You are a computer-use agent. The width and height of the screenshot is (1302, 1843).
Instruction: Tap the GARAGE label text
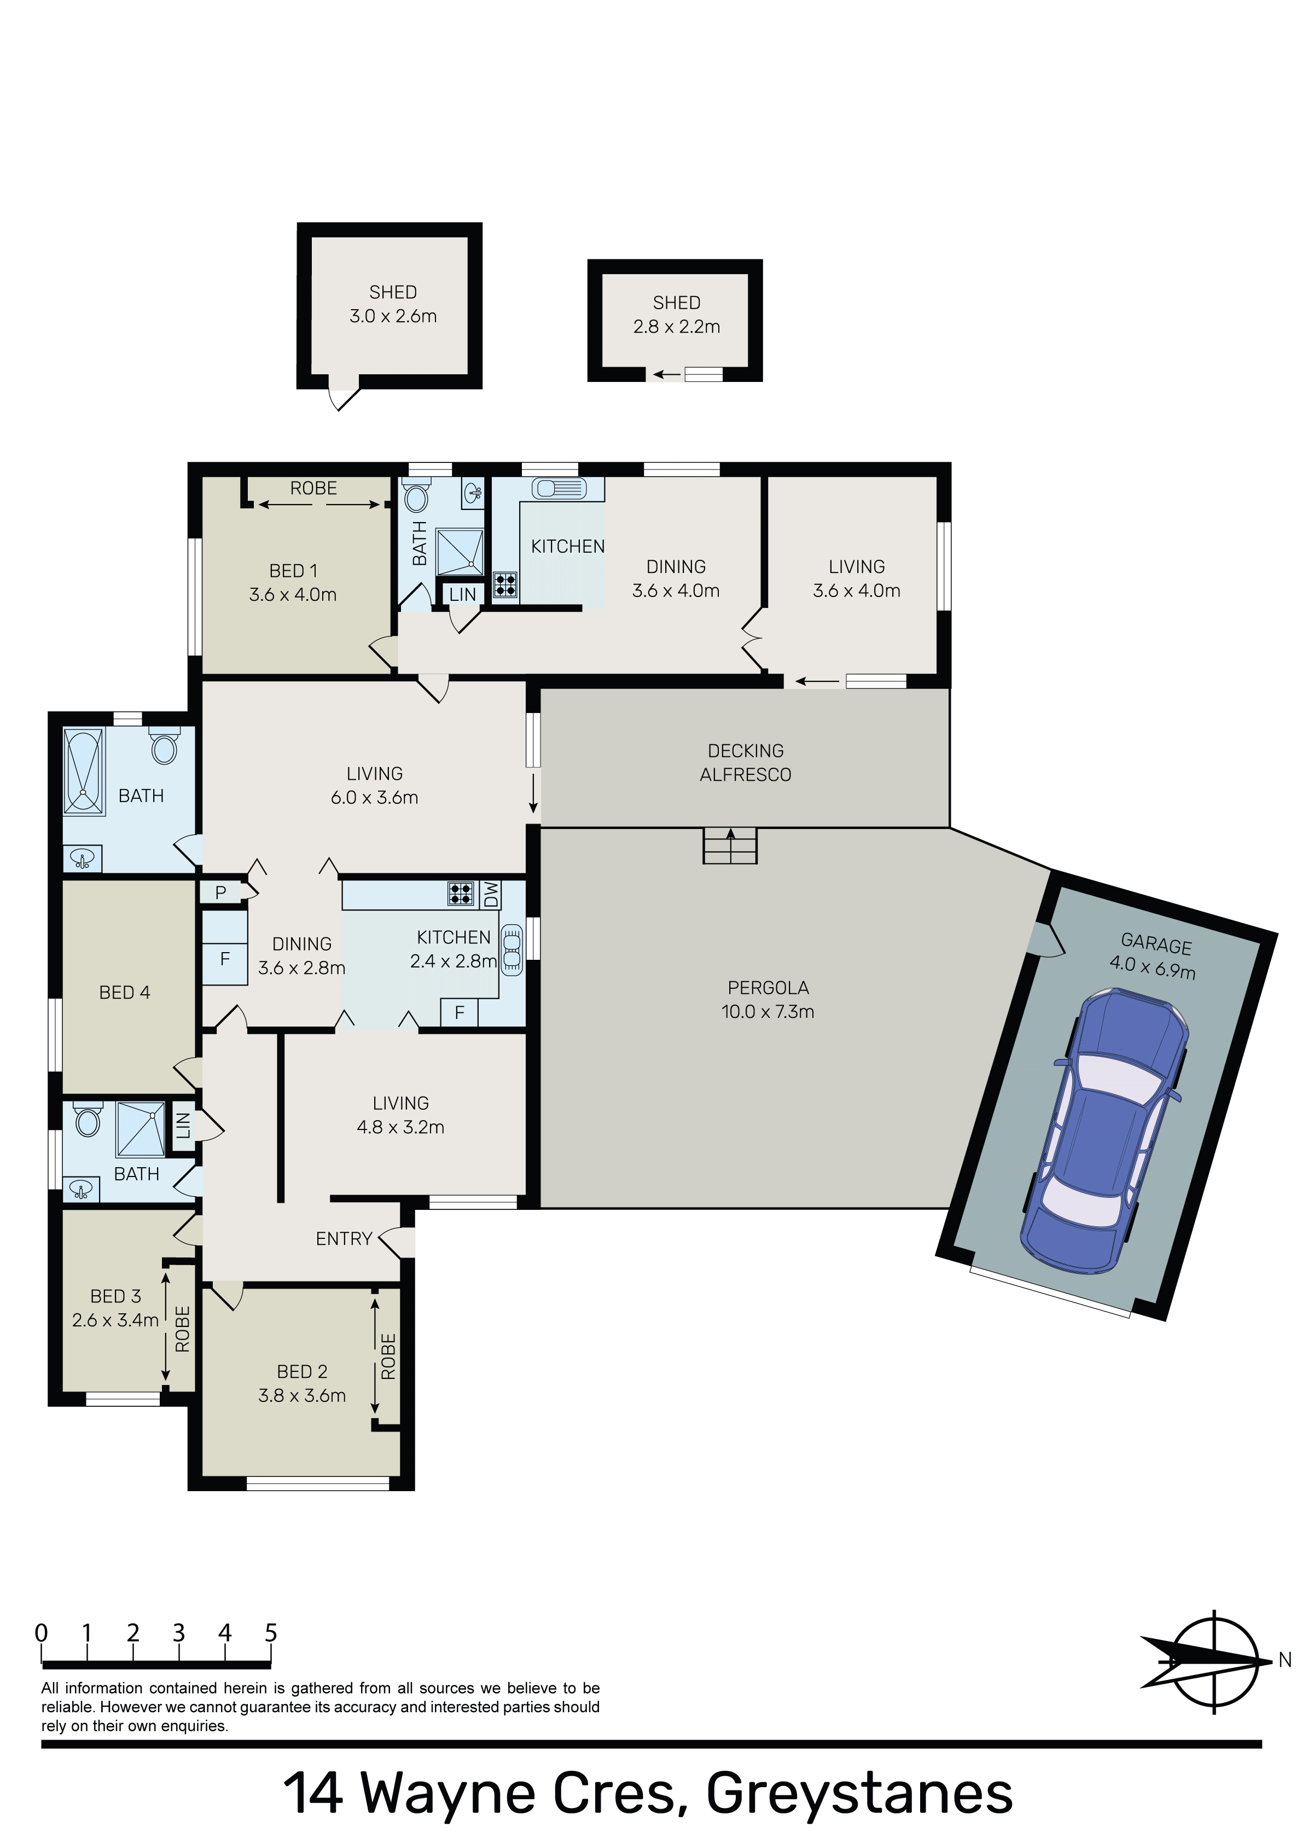tap(1156, 945)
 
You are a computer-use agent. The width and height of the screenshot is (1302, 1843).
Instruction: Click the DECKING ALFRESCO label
tap(746, 763)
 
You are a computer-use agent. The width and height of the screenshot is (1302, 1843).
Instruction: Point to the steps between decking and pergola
tap(730, 845)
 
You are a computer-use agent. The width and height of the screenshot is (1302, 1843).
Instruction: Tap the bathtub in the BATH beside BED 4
tap(84, 772)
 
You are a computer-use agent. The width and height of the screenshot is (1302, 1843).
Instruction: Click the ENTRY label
tap(344, 1238)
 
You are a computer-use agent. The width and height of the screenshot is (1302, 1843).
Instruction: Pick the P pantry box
tap(221, 892)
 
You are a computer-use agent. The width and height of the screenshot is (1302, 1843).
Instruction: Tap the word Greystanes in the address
tap(860, 1794)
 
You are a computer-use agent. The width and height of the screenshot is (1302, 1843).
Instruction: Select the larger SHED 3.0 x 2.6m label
tap(393, 304)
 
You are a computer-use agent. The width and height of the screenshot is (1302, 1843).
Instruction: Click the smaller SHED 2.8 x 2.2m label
tap(677, 315)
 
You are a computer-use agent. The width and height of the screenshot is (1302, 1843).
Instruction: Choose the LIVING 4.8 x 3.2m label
tap(400, 1115)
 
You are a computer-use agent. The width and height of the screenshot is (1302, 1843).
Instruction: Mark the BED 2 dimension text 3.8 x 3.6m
tap(302, 1396)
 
